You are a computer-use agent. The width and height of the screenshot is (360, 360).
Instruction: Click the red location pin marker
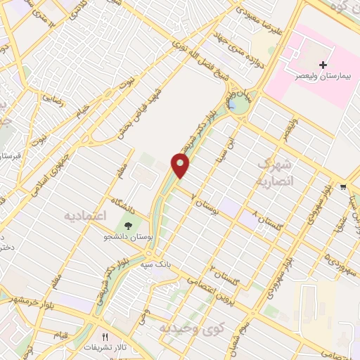(x=181, y=165)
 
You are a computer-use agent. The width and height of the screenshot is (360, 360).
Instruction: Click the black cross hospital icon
(x=323, y=65)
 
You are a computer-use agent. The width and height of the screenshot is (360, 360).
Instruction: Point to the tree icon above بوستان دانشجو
(x=129, y=226)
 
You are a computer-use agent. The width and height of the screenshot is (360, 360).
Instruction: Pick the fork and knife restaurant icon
(x=107, y=337)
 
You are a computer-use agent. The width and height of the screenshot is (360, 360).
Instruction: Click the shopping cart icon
(x=343, y=187)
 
